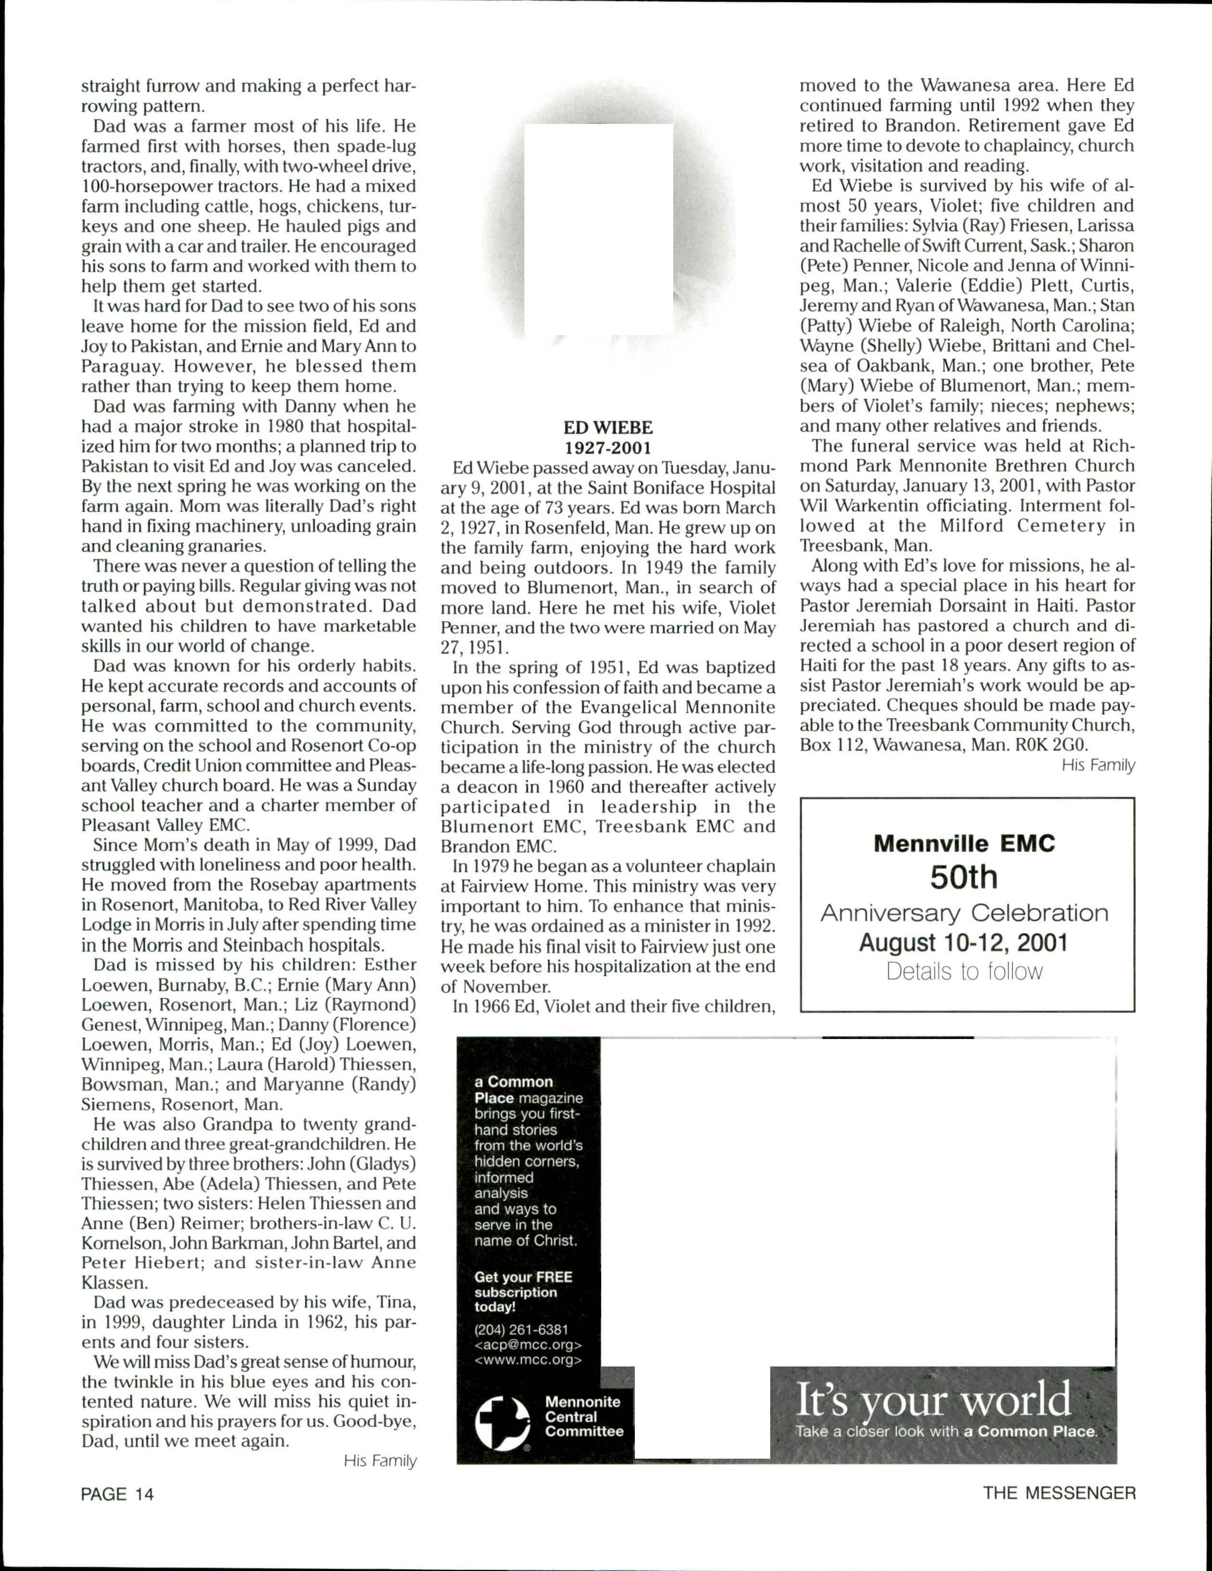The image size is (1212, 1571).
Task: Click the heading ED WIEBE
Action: tap(608, 428)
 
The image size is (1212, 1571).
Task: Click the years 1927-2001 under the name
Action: tap(608, 448)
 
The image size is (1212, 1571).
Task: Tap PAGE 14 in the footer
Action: tap(117, 1494)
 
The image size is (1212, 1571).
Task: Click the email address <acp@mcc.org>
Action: tap(528, 1345)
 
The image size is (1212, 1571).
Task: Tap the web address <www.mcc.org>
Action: tap(528, 1360)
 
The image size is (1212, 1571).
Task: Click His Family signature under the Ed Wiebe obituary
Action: tap(1098, 765)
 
